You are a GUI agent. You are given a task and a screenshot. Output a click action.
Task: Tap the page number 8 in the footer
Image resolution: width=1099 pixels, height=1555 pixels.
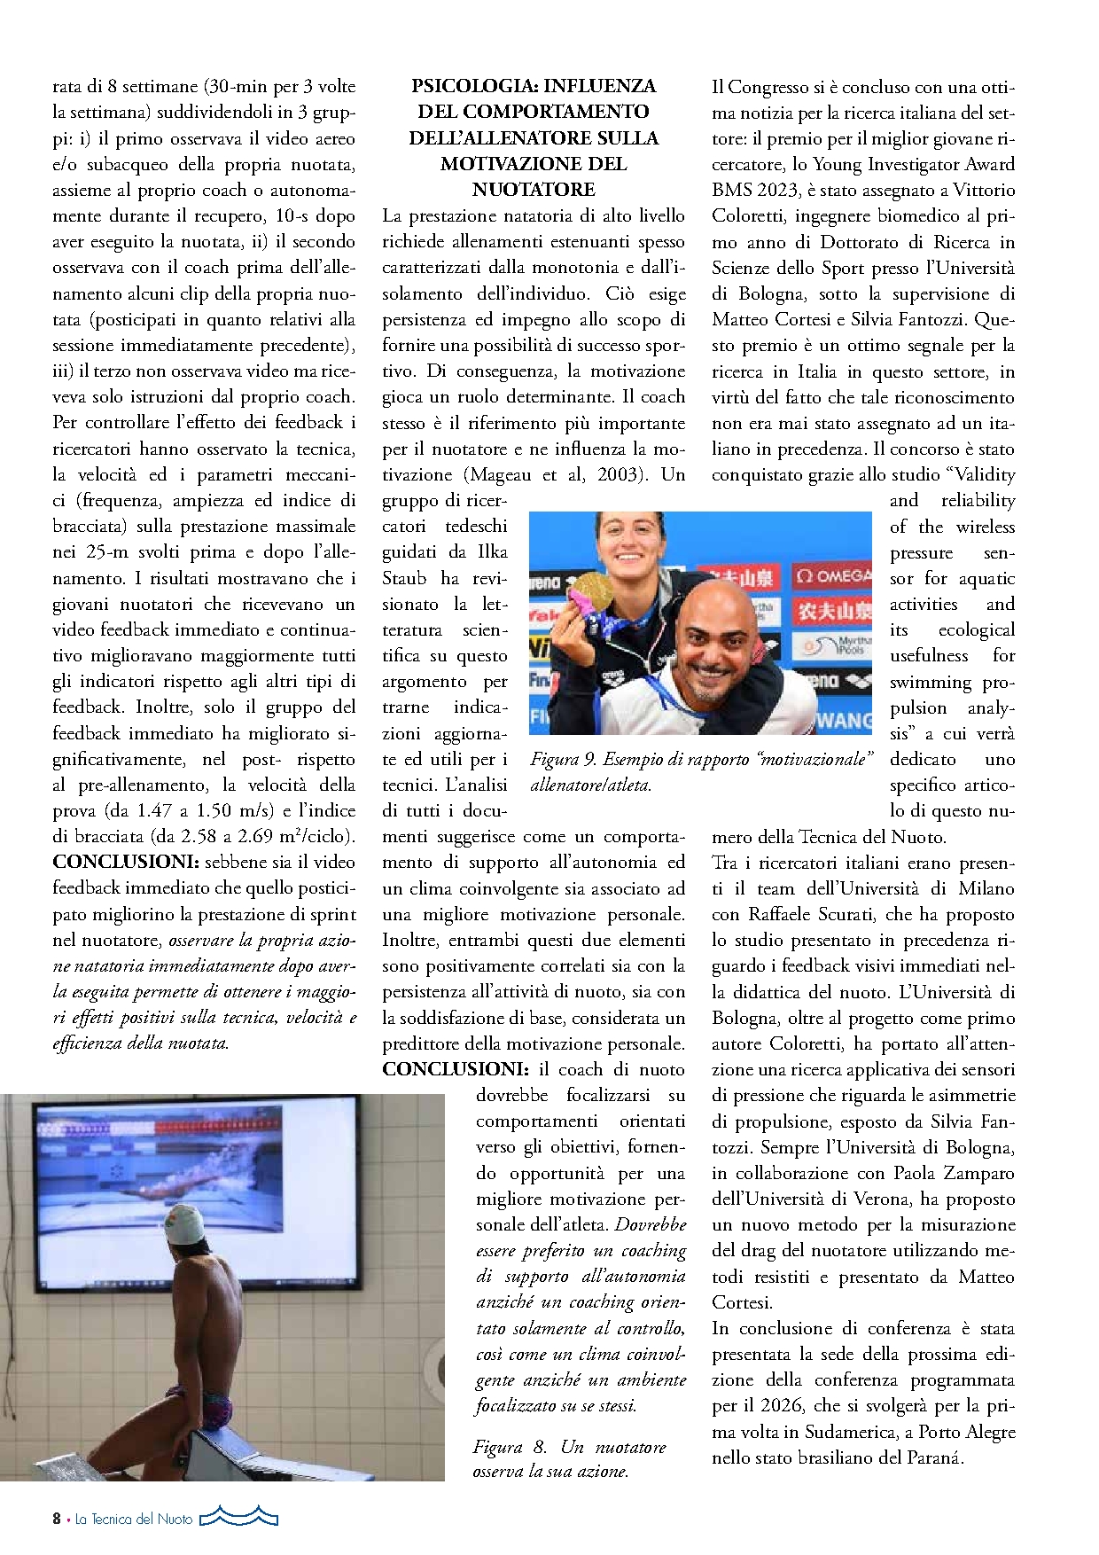coord(57,1519)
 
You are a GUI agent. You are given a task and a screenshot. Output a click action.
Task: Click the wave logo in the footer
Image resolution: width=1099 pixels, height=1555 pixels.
coord(238,1517)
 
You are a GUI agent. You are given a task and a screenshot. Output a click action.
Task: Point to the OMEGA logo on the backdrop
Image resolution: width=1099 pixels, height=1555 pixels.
coord(833,576)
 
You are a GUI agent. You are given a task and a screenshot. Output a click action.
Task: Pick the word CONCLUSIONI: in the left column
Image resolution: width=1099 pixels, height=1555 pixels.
coord(125,862)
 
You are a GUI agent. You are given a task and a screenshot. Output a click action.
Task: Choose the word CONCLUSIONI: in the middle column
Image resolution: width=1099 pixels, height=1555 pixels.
coord(455,1069)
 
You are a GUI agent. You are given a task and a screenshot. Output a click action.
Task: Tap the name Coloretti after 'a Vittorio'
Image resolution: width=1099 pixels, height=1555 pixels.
coord(749,215)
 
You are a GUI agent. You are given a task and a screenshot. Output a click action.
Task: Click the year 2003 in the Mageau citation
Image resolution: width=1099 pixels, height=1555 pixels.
coord(619,474)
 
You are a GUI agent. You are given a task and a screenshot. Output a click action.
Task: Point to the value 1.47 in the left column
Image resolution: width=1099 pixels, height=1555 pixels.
coord(153,810)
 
